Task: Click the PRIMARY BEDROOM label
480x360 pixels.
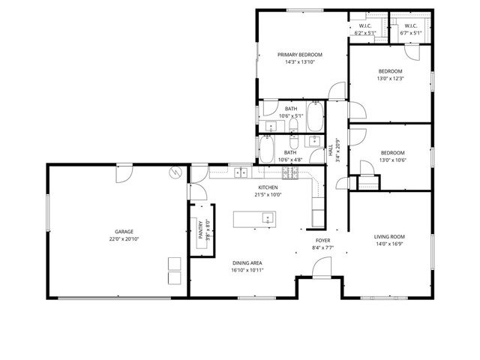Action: [300, 55]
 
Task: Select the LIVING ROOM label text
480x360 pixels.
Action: [389, 236]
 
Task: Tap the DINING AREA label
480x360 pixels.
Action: [247, 262]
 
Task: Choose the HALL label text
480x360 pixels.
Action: [331, 149]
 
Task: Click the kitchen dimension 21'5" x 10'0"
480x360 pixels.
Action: [268, 194]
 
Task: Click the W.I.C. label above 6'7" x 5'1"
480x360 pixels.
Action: [409, 25]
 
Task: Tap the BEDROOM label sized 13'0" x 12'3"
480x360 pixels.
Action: [390, 71]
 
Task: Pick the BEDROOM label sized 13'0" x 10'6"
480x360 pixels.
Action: [391, 152]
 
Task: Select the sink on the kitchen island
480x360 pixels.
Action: [268, 218]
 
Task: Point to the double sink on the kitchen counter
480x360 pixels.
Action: [241, 173]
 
